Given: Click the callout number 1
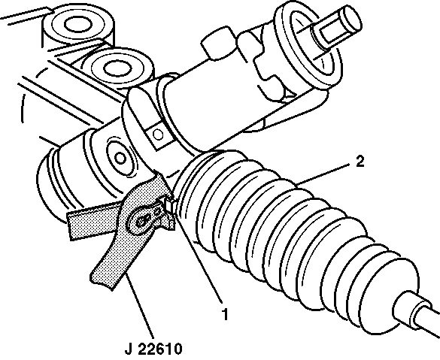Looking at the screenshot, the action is tap(225, 314).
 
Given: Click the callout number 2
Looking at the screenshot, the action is tap(360, 162).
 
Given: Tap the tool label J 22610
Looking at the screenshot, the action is tap(153, 349).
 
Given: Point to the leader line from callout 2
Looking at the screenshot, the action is tap(323, 174).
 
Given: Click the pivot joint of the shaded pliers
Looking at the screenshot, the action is tap(141, 222).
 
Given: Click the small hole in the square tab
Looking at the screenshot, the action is tap(158, 135).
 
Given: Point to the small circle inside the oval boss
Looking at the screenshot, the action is tap(120, 159).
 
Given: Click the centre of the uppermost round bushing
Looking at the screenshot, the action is tap(78, 24).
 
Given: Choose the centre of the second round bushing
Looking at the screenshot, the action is tap(117, 68).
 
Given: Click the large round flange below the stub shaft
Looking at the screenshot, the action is tap(308, 47).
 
